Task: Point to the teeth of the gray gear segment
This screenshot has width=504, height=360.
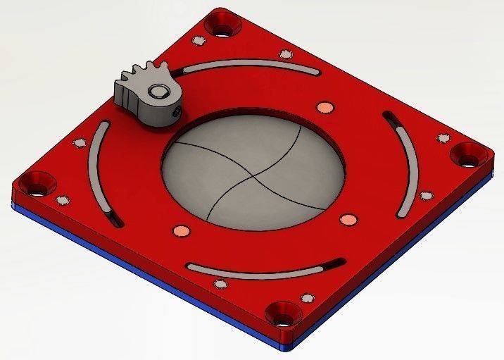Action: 145,73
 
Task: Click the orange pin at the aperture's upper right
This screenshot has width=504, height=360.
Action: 325,106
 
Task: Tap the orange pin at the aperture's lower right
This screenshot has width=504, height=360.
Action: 346,220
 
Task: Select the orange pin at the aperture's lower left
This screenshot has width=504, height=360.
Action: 181,230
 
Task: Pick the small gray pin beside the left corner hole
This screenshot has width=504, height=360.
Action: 62,199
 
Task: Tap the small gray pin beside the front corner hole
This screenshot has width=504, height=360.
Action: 306,297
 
